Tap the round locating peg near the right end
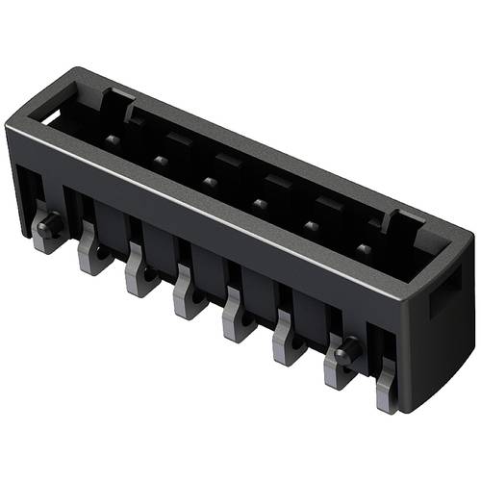(348, 351)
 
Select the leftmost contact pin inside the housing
(113, 140)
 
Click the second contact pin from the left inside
(157, 160)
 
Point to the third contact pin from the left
(208, 180)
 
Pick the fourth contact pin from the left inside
(259, 203)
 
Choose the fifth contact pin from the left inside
(311, 226)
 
